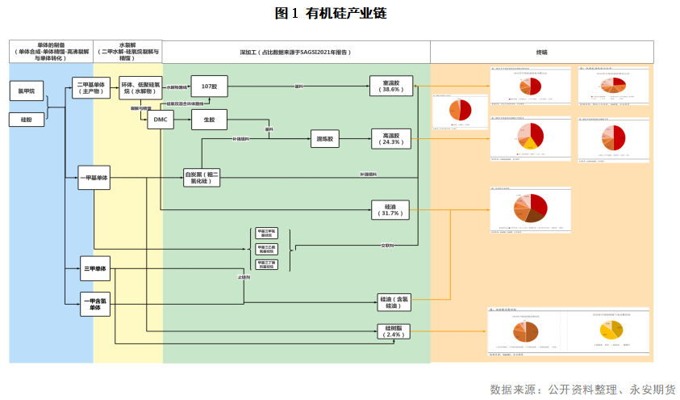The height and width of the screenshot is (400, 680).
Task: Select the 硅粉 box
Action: [27, 120]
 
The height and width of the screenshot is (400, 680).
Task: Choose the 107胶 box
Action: [210, 85]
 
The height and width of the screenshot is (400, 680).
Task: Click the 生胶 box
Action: [209, 120]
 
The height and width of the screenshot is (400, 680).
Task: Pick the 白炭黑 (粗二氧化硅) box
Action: [201, 178]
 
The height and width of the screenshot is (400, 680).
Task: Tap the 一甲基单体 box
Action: [94, 178]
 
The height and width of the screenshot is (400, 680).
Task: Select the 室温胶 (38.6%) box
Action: [392, 86]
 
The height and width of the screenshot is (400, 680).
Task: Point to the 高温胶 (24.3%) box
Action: [392, 138]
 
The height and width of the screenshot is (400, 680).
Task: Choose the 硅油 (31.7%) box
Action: [392, 210]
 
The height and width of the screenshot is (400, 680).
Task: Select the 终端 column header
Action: [541, 52]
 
